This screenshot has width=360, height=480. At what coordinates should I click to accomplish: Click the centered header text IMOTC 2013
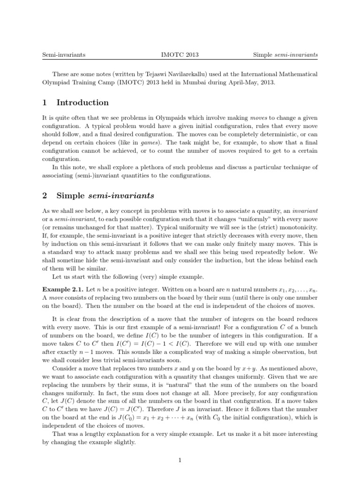[180, 55]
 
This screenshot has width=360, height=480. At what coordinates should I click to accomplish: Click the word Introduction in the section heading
[82, 103]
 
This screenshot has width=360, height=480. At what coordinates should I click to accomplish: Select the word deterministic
[271, 138]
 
